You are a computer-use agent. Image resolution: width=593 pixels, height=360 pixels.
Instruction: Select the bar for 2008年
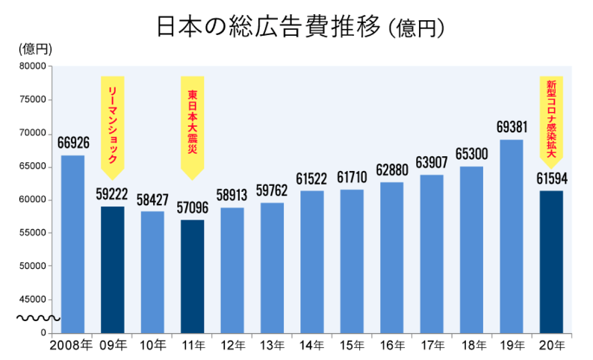pos(72,243)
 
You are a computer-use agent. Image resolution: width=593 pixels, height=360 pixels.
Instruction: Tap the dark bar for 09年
pos(113,269)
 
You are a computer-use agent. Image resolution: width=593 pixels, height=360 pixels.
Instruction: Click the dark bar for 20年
pos(551,261)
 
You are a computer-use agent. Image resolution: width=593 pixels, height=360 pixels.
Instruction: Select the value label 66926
pos(73,141)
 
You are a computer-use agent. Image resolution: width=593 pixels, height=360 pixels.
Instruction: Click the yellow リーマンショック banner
pos(113,123)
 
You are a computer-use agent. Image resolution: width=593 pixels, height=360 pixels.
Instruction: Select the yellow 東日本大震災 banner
pos(193,123)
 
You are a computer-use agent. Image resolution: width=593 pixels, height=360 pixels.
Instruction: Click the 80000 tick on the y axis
pos(33,66)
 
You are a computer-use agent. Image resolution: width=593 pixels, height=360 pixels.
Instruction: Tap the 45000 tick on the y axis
pos(33,300)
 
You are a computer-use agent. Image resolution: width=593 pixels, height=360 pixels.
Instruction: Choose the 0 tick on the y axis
pos(43,333)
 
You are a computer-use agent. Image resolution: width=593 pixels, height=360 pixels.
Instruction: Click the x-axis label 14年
pos(312,346)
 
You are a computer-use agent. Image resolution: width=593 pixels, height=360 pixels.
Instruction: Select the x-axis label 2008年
pos(72,346)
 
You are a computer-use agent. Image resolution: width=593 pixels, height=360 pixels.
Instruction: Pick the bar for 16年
pos(392,257)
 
